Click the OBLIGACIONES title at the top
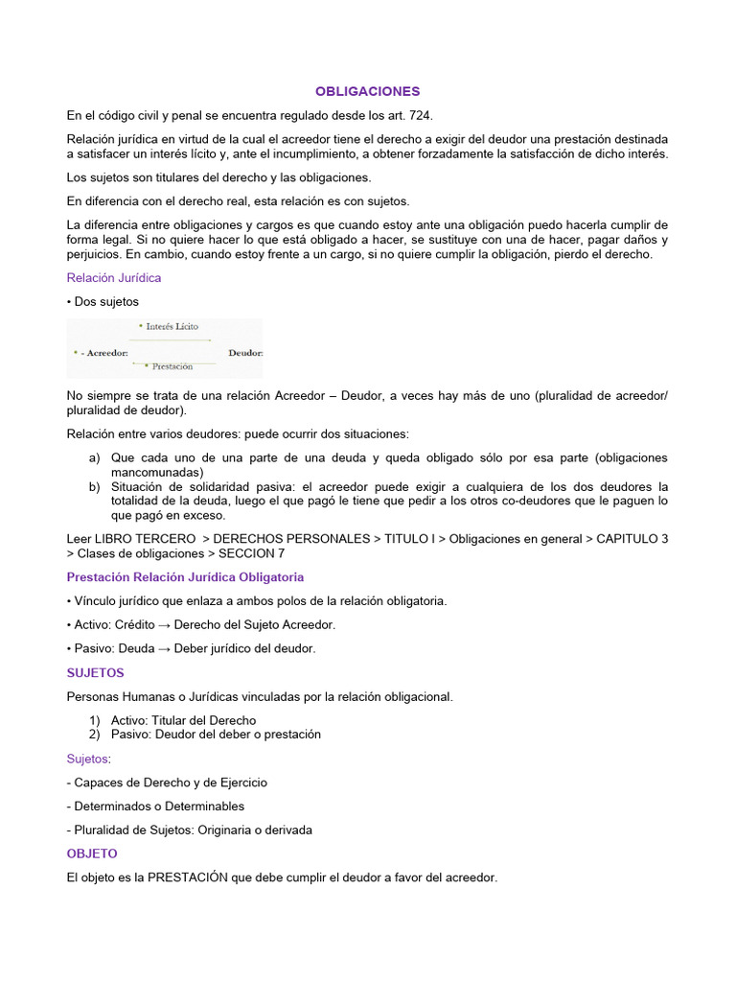[x=368, y=91]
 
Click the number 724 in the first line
[x=420, y=115]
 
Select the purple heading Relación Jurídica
[x=114, y=277]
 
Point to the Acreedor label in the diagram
[x=103, y=353]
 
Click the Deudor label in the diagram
[x=245, y=353]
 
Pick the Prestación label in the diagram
[x=172, y=366]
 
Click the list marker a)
[x=95, y=457]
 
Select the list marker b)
[x=95, y=486]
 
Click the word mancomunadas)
[x=156, y=472]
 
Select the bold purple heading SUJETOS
[x=96, y=672]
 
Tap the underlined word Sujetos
[x=87, y=758]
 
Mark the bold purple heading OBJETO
[x=92, y=853]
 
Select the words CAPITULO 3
[x=632, y=539]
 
